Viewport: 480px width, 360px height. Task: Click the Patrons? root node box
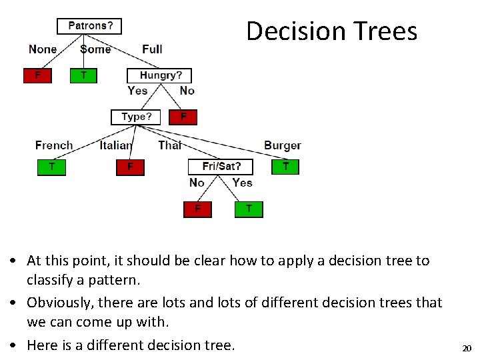[x=89, y=26]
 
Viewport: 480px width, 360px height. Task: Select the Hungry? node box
[x=165, y=75]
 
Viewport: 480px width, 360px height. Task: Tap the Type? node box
[x=136, y=117]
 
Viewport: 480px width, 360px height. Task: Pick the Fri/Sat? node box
[x=221, y=166]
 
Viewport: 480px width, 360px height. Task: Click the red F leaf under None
[x=37, y=75]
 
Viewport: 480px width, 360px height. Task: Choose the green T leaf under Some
[x=83, y=75]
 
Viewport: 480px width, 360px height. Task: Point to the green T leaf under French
[x=51, y=166]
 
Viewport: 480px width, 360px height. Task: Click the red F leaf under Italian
[x=130, y=166]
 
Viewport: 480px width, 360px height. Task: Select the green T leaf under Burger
[x=285, y=166]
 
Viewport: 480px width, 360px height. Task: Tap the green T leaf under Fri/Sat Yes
[x=249, y=209]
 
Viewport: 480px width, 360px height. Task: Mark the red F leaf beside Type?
[x=184, y=117]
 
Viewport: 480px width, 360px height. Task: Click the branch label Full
[x=152, y=49]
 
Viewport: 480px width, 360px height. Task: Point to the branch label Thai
[x=170, y=145]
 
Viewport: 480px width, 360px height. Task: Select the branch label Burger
[x=283, y=145]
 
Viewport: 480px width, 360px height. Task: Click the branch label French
[x=54, y=145]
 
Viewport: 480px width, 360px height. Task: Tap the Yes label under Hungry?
[x=137, y=91]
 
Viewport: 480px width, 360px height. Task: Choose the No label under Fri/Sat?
[x=197, y=182]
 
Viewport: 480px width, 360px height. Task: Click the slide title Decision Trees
[x=331, y=31]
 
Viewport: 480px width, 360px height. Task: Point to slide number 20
[x=467, y=348]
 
